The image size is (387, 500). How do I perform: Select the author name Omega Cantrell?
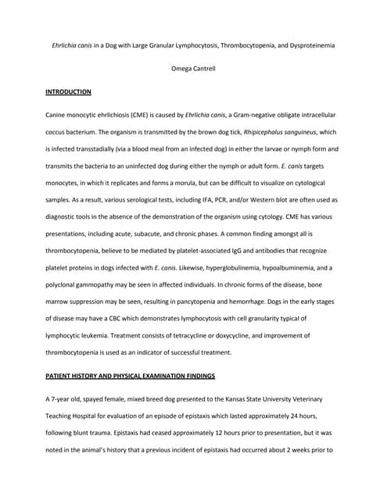[192, 68]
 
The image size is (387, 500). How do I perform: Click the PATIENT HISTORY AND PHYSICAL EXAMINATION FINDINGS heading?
[130, 377]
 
